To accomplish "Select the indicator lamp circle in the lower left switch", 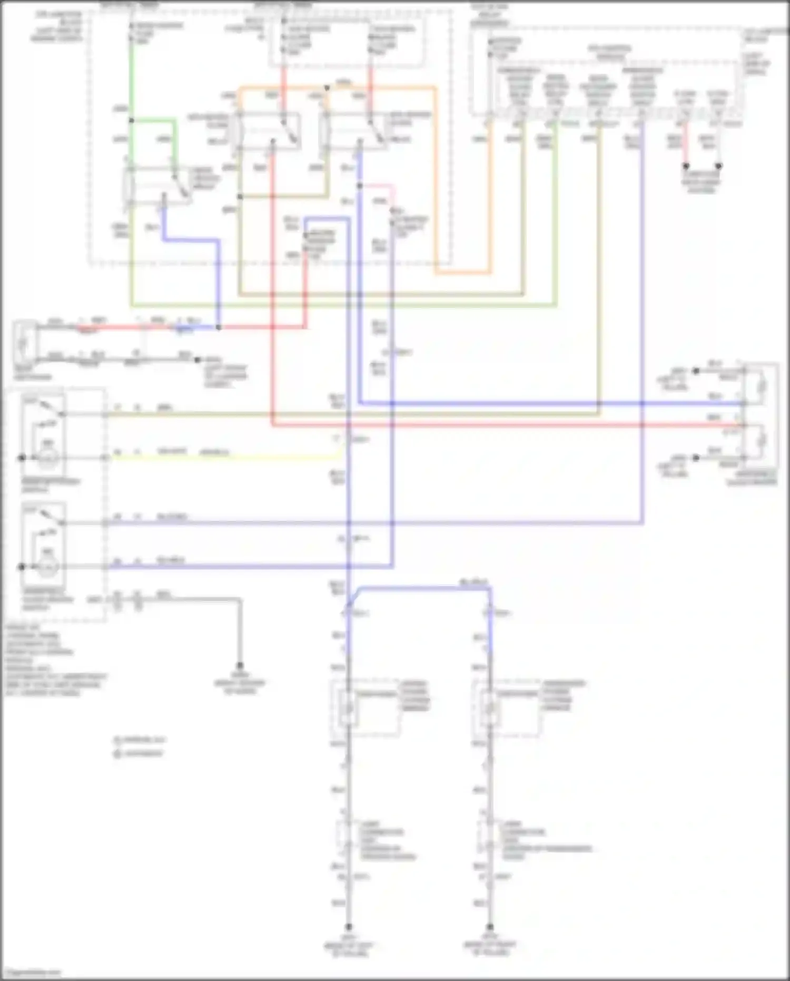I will pos(48,567).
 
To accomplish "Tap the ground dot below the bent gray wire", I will pos(240,665).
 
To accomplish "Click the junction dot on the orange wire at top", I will pos(327,88).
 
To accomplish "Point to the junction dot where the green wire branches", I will pos(131,121).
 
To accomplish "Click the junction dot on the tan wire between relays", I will pos(240,197).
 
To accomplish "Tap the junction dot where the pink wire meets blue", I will pos(360,186).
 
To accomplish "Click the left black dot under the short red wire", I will pos(686,166).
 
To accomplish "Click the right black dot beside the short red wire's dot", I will pos(718,166).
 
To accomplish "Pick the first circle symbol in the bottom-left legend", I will pos(117,740).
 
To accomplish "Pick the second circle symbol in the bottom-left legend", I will pos(117,754).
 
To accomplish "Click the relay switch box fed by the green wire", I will pos(158,186).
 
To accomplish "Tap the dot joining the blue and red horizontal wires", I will pos(219,327).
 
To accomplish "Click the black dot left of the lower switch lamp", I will pos(22,567).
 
